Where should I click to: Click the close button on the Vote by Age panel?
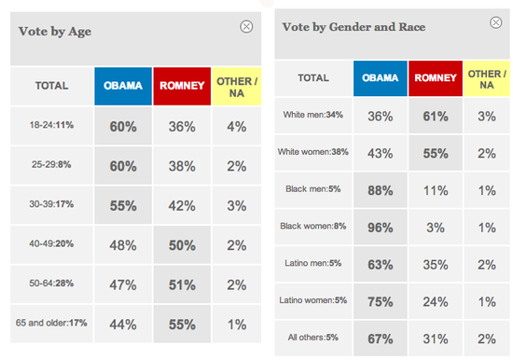tap(246, 26)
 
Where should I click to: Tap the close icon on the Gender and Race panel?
tap(495, 22)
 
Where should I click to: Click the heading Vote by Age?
tap(55, 32)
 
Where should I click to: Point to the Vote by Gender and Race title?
tap(354, 27)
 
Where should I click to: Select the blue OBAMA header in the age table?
tap(123, 86)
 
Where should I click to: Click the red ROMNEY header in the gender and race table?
tap(436, 78)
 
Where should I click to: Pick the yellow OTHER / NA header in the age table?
tap(237, 87)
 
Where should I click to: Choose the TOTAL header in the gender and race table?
tap(313, 78)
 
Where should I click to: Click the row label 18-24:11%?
tap(51, 125)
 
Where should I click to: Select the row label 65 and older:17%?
tap(51, 323)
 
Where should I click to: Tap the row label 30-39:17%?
tap(51, 204)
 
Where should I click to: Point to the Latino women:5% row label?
tap(313, 300)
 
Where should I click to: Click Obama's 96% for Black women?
tap(381, 228)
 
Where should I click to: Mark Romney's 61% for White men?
tap(436, 117)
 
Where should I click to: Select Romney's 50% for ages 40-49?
tap(182, 245)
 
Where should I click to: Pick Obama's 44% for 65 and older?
tap(123, 325)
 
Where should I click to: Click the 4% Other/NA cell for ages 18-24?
tap(237, 127)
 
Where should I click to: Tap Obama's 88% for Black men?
tap(381, 190)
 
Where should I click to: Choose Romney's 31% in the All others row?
tap(436, 339)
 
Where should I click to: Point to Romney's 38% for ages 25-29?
tap(182, 166)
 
